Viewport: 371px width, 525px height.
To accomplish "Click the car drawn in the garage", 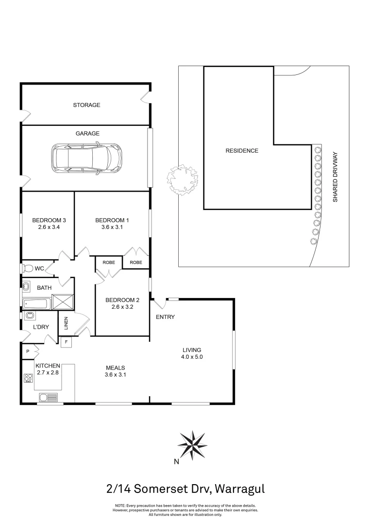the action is (87, 158).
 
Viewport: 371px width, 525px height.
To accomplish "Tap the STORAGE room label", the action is (86, 105).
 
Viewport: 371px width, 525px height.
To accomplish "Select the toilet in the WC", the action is (27, 268).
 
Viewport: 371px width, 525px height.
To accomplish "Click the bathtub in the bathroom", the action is (36, 303).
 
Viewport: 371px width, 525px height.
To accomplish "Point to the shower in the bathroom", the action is (63, 301).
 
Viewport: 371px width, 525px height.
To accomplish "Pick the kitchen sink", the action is (49, 398).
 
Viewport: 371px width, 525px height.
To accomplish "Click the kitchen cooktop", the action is (28, 378).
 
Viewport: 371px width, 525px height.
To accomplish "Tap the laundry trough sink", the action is (30, 315).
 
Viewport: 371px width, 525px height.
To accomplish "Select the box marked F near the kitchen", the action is (66, 342).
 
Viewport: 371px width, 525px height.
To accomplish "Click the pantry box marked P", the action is (28, 351).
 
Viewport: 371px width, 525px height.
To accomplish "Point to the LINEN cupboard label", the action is (66, 323).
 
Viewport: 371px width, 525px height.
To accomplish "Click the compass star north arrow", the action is (192, 445).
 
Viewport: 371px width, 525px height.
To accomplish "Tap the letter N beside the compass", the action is (176, 462).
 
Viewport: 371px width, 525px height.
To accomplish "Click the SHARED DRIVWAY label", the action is (335, 177).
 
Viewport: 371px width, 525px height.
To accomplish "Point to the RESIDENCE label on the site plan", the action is (242, 151).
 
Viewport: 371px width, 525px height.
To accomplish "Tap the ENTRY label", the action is (165, 317).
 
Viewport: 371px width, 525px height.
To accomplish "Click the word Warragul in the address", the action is (240, 489).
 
